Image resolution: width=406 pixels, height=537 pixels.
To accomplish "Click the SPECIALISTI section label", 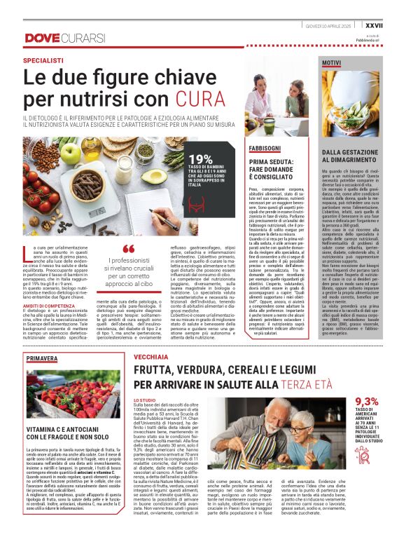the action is pos(47,61).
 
